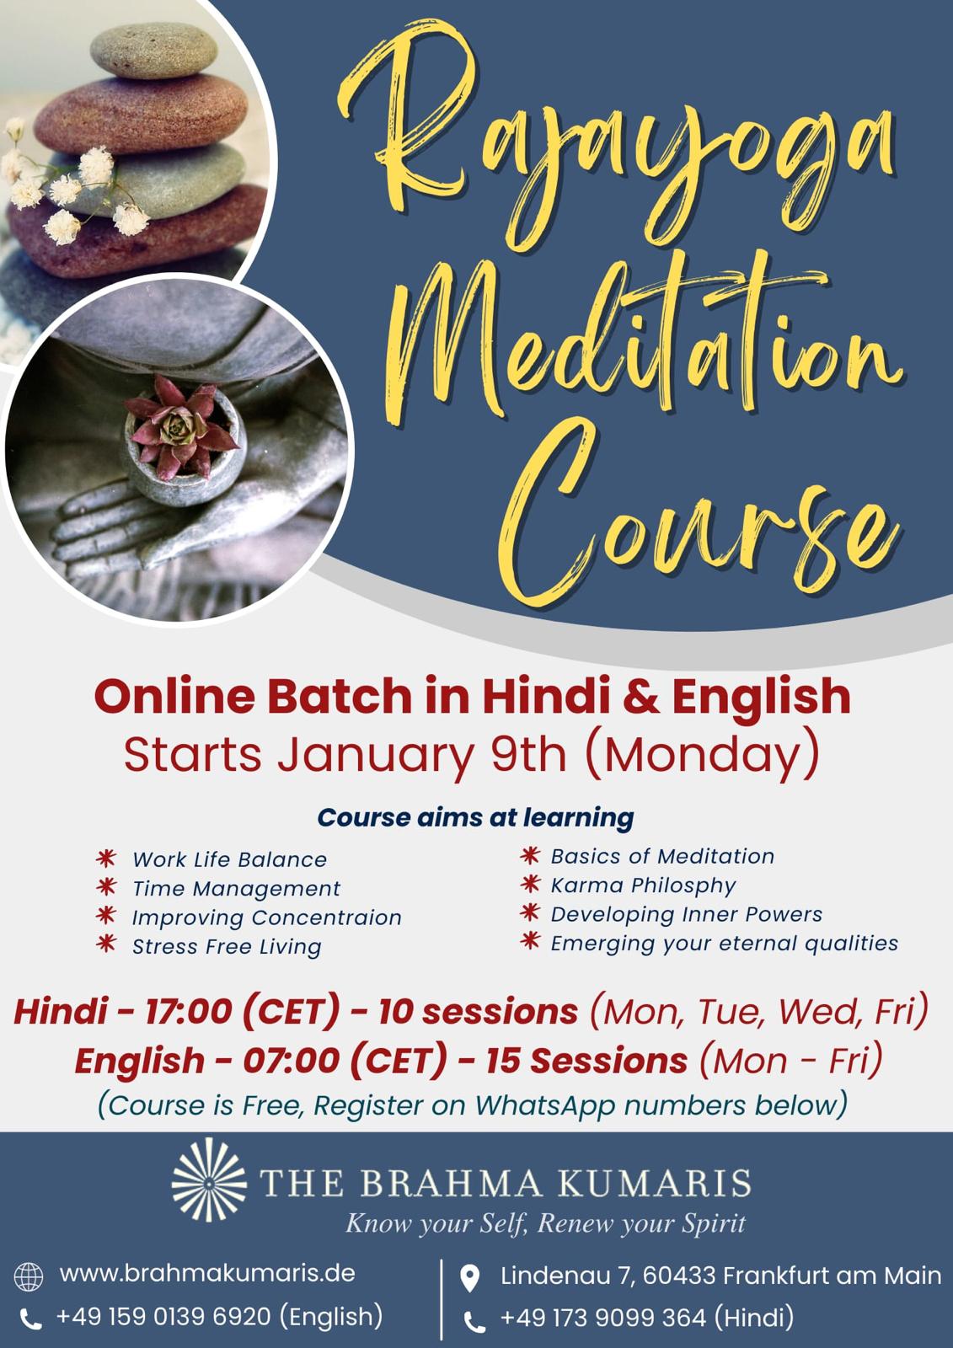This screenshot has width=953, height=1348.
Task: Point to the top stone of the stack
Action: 153,51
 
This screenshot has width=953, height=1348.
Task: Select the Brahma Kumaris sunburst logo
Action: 209,1182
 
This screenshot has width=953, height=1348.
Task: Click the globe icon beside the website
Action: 29,1277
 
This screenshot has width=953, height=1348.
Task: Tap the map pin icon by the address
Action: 469,1279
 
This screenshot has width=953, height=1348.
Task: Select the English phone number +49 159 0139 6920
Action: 163,1316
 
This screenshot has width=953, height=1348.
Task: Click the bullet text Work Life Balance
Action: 229,859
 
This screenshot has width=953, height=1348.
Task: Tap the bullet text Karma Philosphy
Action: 643,885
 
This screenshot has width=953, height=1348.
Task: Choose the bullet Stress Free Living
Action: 227,947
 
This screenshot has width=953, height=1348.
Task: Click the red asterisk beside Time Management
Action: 106,886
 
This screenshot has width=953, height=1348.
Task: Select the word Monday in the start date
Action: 702,755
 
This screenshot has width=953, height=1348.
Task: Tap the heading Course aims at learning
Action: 475,817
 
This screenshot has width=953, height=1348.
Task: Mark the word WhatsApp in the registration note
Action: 545,1105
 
